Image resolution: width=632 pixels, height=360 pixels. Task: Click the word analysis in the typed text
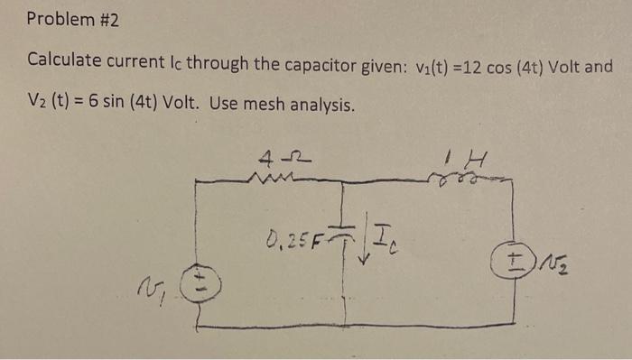coord(316,104)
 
